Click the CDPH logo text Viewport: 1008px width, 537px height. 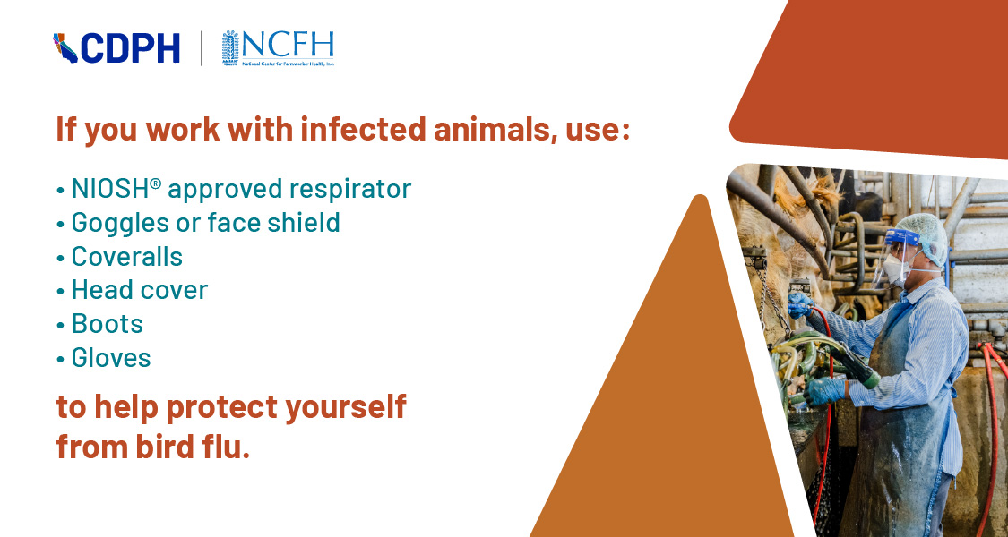[x=130, y=48]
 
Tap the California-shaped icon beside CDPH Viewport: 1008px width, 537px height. [x=65, y=48]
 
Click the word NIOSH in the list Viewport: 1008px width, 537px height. [x=108, y=189]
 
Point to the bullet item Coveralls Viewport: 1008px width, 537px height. [x=126, y=257]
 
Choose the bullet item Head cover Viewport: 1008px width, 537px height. [x=139, y=290]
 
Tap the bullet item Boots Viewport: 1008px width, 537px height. [x=107, y=324]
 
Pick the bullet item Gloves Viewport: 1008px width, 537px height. [x=111, y=358]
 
